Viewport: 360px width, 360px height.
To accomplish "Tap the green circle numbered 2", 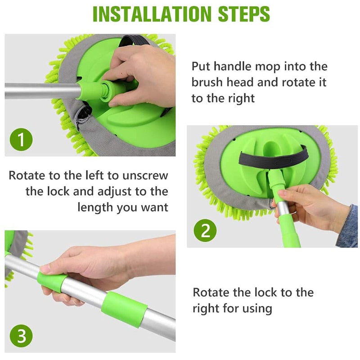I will [206, 231].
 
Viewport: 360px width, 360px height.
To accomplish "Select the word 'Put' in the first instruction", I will [201, 67].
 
